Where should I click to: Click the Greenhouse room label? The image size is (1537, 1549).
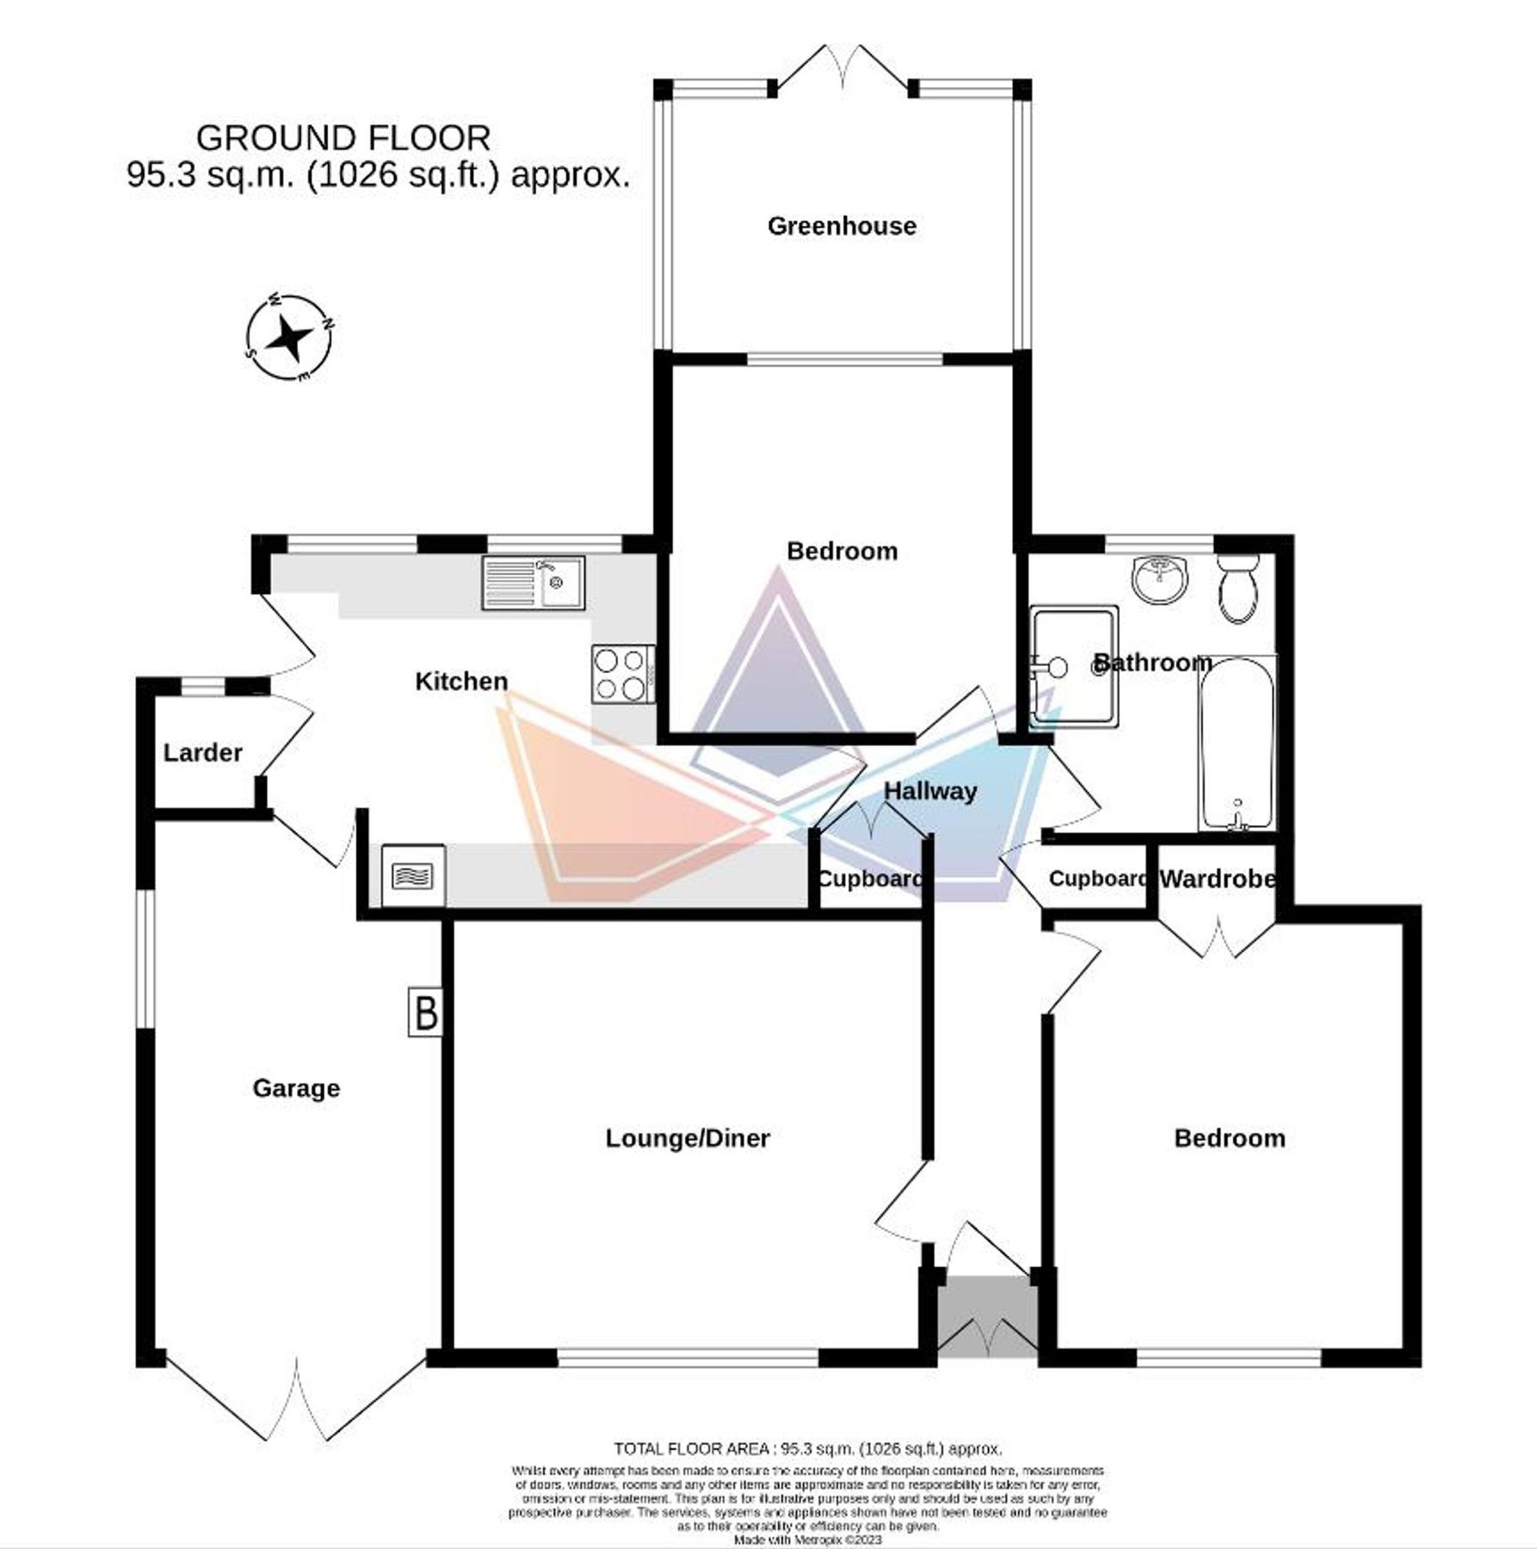[x=841, y=226]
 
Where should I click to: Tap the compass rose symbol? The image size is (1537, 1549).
[x=288, y=338]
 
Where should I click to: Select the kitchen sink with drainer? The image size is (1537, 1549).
[x=533, y=583]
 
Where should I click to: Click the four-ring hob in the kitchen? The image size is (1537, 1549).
[x=621, y=674]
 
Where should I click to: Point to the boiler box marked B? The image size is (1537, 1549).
[x=425, y=1012]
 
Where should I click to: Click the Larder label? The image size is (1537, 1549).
[x=202, y=753]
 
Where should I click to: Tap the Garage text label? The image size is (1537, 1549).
[x=295, y=1089]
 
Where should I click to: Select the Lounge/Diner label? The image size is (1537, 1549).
[x=687, y=1139]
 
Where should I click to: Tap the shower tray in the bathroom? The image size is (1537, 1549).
[x=1075, y=667]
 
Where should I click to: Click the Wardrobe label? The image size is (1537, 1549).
[x=1217, y=879]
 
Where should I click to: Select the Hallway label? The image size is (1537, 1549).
[x=929, y=792]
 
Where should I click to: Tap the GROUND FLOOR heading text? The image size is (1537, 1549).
[x=343, y=138]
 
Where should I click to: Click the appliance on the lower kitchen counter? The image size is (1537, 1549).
[x=413, y=876]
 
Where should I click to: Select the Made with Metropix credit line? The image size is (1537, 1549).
[x=807, y=1540]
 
